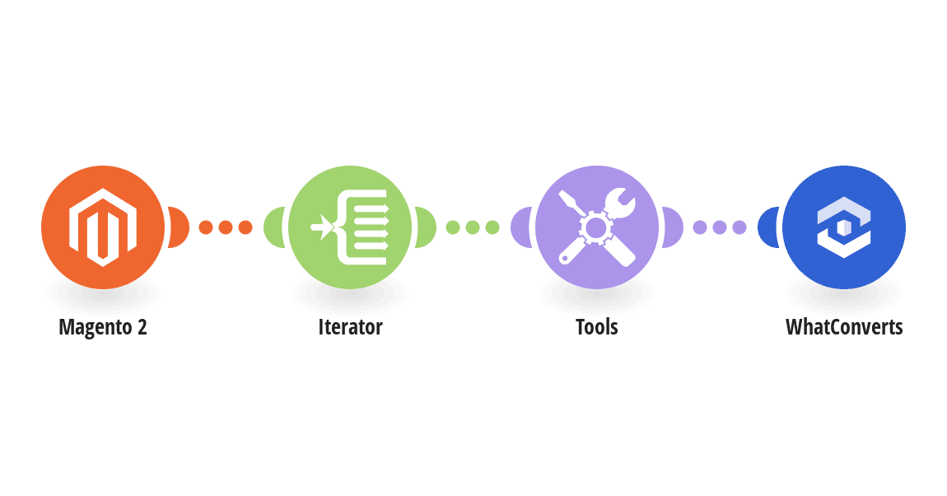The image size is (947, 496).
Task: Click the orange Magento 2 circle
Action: [103, 227]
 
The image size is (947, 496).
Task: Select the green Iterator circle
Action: [350, 227]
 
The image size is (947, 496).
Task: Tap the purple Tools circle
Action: [597, 227]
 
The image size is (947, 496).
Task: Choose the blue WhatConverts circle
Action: [844, 227]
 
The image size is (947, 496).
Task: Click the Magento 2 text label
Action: [103, 327]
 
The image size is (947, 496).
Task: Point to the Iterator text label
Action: [350, 327]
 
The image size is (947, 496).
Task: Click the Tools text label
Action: [597, 327]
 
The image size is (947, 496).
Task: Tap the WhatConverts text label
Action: [844, 327]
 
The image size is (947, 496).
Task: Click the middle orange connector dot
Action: [226, 227]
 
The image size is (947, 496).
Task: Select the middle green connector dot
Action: [473, 227]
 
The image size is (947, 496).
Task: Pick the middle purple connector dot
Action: [720, 227]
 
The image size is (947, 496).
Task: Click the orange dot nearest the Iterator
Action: [245, 227]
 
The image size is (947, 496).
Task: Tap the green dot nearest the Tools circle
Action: [492, 227]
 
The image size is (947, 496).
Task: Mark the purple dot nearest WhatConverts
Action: [739, 227]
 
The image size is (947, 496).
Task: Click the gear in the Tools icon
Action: [595, 227]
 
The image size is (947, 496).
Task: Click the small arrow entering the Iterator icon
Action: [323, 227]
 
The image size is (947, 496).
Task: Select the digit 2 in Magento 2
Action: [142, 327]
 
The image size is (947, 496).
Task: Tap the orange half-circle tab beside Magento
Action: [179, 227]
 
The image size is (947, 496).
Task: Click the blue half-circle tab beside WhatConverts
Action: [768, 227]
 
